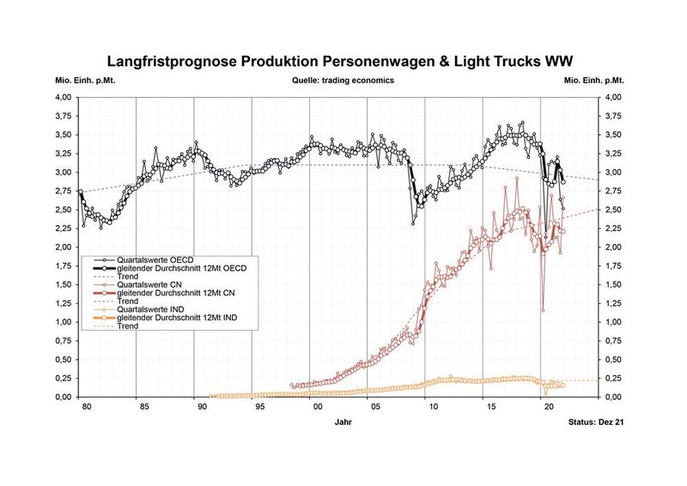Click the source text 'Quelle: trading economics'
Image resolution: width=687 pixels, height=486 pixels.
tap(343, 82)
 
